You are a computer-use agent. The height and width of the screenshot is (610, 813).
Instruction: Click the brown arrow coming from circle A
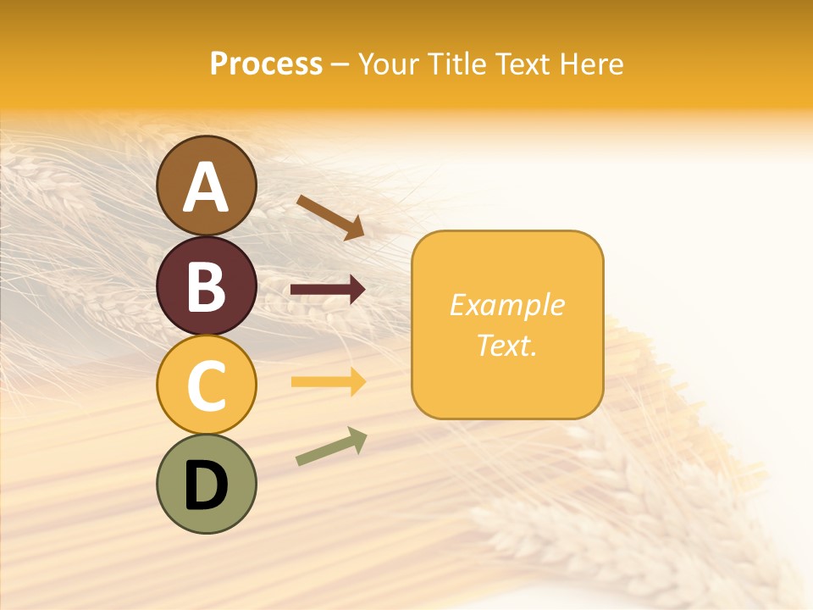(330, 217)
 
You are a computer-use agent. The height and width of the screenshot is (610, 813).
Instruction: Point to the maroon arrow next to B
(328, 291)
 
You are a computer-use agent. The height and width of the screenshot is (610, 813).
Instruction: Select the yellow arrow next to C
(328, 382)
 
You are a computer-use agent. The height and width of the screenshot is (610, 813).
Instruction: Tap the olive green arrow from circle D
(331, 446)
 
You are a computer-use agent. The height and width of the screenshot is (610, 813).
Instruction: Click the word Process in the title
(266, 64)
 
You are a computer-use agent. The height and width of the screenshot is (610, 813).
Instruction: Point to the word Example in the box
(506, 305)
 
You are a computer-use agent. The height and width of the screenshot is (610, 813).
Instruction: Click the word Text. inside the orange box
(506, 345)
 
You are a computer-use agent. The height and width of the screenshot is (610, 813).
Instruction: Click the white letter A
(206, 186)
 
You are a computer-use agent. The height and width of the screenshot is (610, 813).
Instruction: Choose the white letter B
(206, 286)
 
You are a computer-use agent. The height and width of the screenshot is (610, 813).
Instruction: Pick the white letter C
(206, 385)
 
